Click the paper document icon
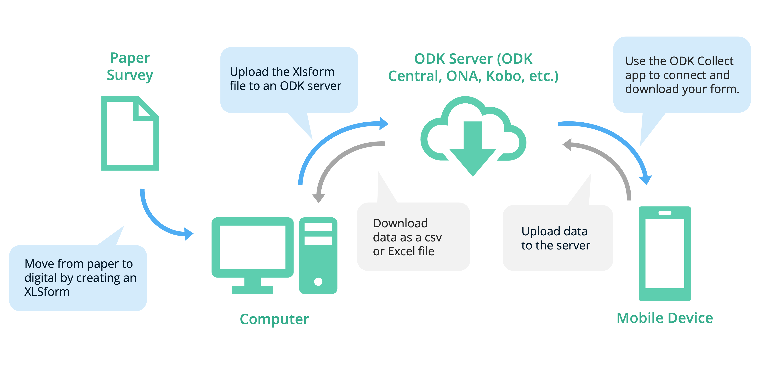click(x=130, y=140)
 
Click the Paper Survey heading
click(x=130, y=66)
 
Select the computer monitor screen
click(x=252, y=247)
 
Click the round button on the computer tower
click(x=318, y=281)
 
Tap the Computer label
click(x=274, y=319)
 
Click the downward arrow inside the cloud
click(x=473, y=149)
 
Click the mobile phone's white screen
click(x=665, y=254)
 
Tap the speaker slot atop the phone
click(x=665, y=213)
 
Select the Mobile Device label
click(x=665, y=318)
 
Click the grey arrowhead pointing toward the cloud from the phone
click(x=567, y=145)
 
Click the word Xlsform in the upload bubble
click(x=313, y=72)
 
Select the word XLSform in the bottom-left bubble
click(x=47, y=292)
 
